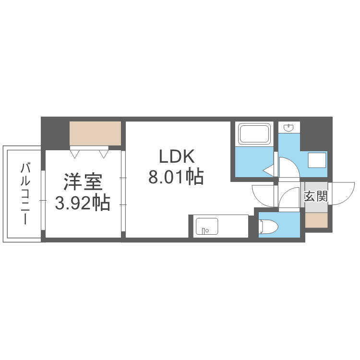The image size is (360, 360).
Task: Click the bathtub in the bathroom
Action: [x=255, y=134]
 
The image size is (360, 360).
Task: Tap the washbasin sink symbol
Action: [x=289, y=128]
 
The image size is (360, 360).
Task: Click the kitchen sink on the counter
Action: [x=207, y=226]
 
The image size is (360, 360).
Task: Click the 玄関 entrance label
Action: [x=316, y=196]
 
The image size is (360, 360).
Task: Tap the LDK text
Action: [x=176, y=157]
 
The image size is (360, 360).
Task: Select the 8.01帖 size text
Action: [x=176, y=177]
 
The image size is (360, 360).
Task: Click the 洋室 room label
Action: [x=83, y=183]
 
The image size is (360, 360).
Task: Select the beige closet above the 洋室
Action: [x=95, y=133]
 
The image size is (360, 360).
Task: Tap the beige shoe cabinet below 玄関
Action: [x=316, y=220]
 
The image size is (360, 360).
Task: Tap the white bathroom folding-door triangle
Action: [x=268, y=169]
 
